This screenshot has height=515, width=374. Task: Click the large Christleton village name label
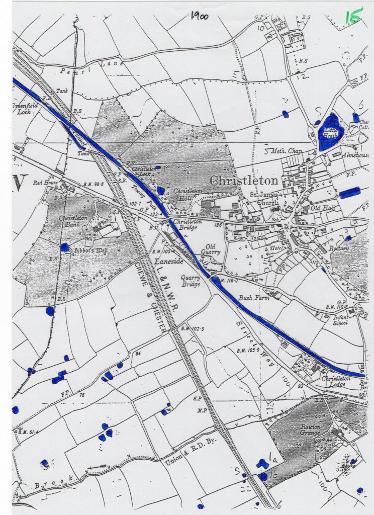click(243, 180)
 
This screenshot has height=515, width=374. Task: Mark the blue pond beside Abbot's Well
click(64, 247)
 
